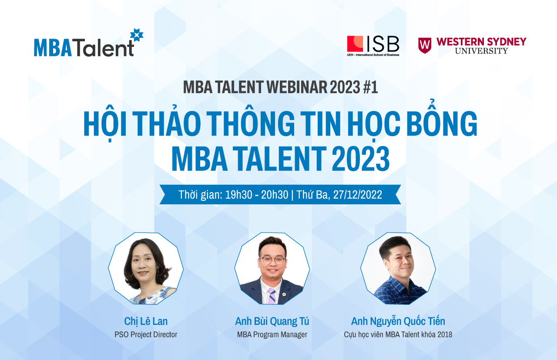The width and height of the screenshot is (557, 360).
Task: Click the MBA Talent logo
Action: pos(88,43)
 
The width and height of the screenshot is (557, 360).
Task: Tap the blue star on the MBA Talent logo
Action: pos(137,35)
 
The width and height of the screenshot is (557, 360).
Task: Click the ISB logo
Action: pos(373,46)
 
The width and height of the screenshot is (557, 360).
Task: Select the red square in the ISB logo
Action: pos(355,44)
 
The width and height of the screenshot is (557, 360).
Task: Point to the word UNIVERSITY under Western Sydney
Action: pos(481,51)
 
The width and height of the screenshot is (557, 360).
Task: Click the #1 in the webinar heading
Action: pos(370,87)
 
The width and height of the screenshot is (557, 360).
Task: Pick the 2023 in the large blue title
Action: pos(361,159)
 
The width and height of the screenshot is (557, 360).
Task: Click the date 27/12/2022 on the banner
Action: pos(358,195)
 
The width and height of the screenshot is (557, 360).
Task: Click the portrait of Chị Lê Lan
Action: pos(146,269)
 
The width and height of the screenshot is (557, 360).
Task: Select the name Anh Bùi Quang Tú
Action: pos(272,321)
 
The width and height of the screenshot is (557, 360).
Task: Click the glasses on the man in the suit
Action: pos(272,260)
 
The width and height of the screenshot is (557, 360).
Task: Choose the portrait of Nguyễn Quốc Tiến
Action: pos(398,269)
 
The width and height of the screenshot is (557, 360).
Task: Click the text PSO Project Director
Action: pos(146,335)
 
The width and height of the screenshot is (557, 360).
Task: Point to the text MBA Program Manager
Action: pos(272,335)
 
